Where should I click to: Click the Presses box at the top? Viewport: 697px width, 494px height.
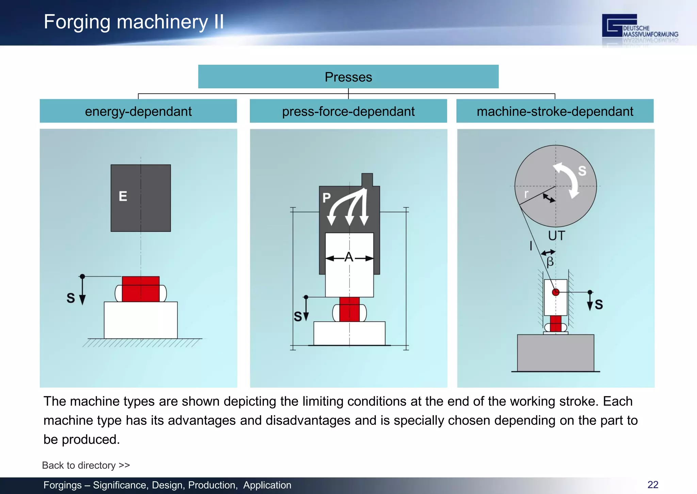click(348, 77)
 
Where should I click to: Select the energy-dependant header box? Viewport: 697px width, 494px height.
click(138, 111)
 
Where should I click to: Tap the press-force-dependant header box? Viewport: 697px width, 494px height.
click(348, 111)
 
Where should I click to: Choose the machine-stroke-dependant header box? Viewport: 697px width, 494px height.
click(555, 111)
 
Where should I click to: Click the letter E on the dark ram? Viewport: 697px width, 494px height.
click(123, 196)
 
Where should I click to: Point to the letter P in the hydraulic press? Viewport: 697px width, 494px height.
click(326, 198)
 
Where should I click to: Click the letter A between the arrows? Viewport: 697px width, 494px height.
click(349, 257)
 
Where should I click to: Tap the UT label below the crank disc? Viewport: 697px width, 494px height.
click(556, 236)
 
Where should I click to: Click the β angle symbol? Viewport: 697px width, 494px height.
click(550, 262)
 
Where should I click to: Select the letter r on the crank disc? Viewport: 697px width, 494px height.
click(526, 194)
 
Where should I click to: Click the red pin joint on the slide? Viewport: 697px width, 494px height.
click(555, 292)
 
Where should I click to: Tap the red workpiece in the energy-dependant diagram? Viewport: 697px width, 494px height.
click(141, 289)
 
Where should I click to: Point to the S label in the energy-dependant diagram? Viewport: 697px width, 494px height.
click(71, 298)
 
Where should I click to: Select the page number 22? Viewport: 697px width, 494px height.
click(653, 485)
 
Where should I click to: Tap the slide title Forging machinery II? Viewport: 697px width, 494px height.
click(134, 22)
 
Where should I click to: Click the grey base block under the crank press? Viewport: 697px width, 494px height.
click(555, 353)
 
